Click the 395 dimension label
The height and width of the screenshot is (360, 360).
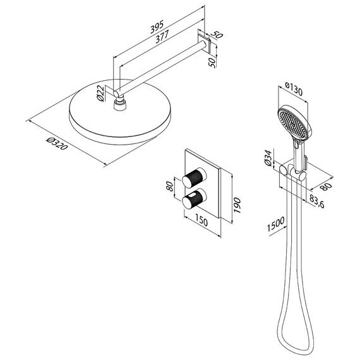[x=157, y=27]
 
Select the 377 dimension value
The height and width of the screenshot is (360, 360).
[x=162, y=37]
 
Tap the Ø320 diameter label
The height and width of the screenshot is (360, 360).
[x=57, y=143]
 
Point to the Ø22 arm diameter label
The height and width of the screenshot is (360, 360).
[x=100, y=93]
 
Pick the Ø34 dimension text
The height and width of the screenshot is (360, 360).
[x=268, y=158]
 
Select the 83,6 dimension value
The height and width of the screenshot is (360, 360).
[x=317, y=201]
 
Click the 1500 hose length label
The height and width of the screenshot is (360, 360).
[x=276, y=224]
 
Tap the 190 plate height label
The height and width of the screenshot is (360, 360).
[x=237, y=205]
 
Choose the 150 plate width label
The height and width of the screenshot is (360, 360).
[x=201, y=220]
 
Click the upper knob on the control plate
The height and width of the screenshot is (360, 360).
[x=195, y=177]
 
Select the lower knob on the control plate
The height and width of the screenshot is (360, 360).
[x=195, y=199]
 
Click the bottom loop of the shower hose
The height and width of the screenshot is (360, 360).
[x=296, y=339]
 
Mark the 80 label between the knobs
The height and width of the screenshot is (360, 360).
[x=170, y=186]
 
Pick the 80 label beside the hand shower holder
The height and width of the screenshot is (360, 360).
[x=327, y=186]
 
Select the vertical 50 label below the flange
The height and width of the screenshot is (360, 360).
[x=213, y=63]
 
